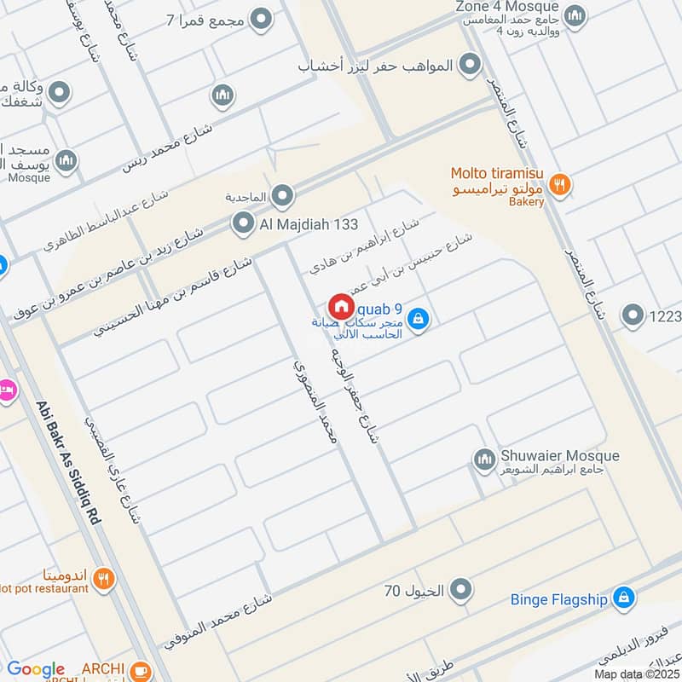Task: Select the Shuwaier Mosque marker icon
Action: coord(484,459)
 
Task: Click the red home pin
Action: coord(340,307)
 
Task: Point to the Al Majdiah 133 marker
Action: coord(244,224)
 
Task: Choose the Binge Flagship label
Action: coord(558,599)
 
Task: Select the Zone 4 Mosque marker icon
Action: coord(575,14)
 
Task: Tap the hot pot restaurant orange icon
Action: coord(103,579)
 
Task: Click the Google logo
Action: coord(35,669)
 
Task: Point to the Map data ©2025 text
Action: coord(636,673)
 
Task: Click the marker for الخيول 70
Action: coord(461,588)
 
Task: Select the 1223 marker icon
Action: coord(633,316)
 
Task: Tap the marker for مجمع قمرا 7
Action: coord(261,18)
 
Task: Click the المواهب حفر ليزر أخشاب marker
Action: coord(469,64)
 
